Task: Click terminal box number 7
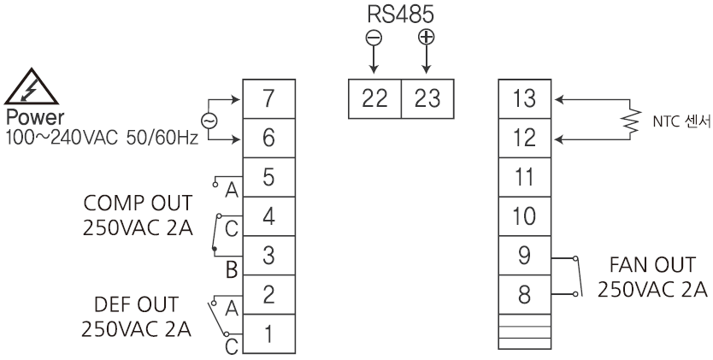269,100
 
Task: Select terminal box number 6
269,139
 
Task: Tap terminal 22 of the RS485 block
374,100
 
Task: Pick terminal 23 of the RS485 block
427,100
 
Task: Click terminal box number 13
524,100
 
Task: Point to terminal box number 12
524,139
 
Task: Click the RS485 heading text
400,15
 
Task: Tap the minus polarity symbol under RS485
374,38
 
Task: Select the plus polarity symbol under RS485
427,38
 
